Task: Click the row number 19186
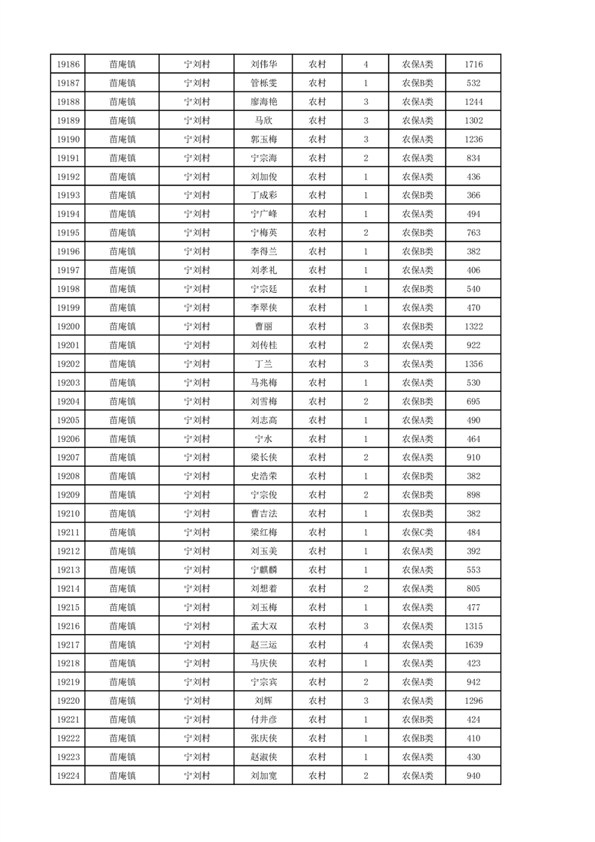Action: [68, 65]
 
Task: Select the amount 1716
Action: [473, 65]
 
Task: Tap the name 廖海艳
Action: [263, 102]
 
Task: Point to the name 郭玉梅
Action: [263, 140]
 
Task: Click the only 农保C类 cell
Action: [417, 532]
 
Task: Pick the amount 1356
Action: [473, 364]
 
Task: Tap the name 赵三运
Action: [263, 645]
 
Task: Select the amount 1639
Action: [473, 645]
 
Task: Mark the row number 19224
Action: [68, 775]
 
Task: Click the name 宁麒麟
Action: [263, 570]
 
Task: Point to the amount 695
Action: [473, 401]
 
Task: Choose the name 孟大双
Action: [263, 626]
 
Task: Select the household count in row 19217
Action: [365, 645]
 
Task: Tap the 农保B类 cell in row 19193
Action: [417, 195]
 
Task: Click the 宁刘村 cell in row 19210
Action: [197, 513]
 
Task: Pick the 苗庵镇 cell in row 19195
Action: [122, 233]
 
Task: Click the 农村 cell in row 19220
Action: [317, 701]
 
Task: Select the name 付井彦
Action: [263, 720]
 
